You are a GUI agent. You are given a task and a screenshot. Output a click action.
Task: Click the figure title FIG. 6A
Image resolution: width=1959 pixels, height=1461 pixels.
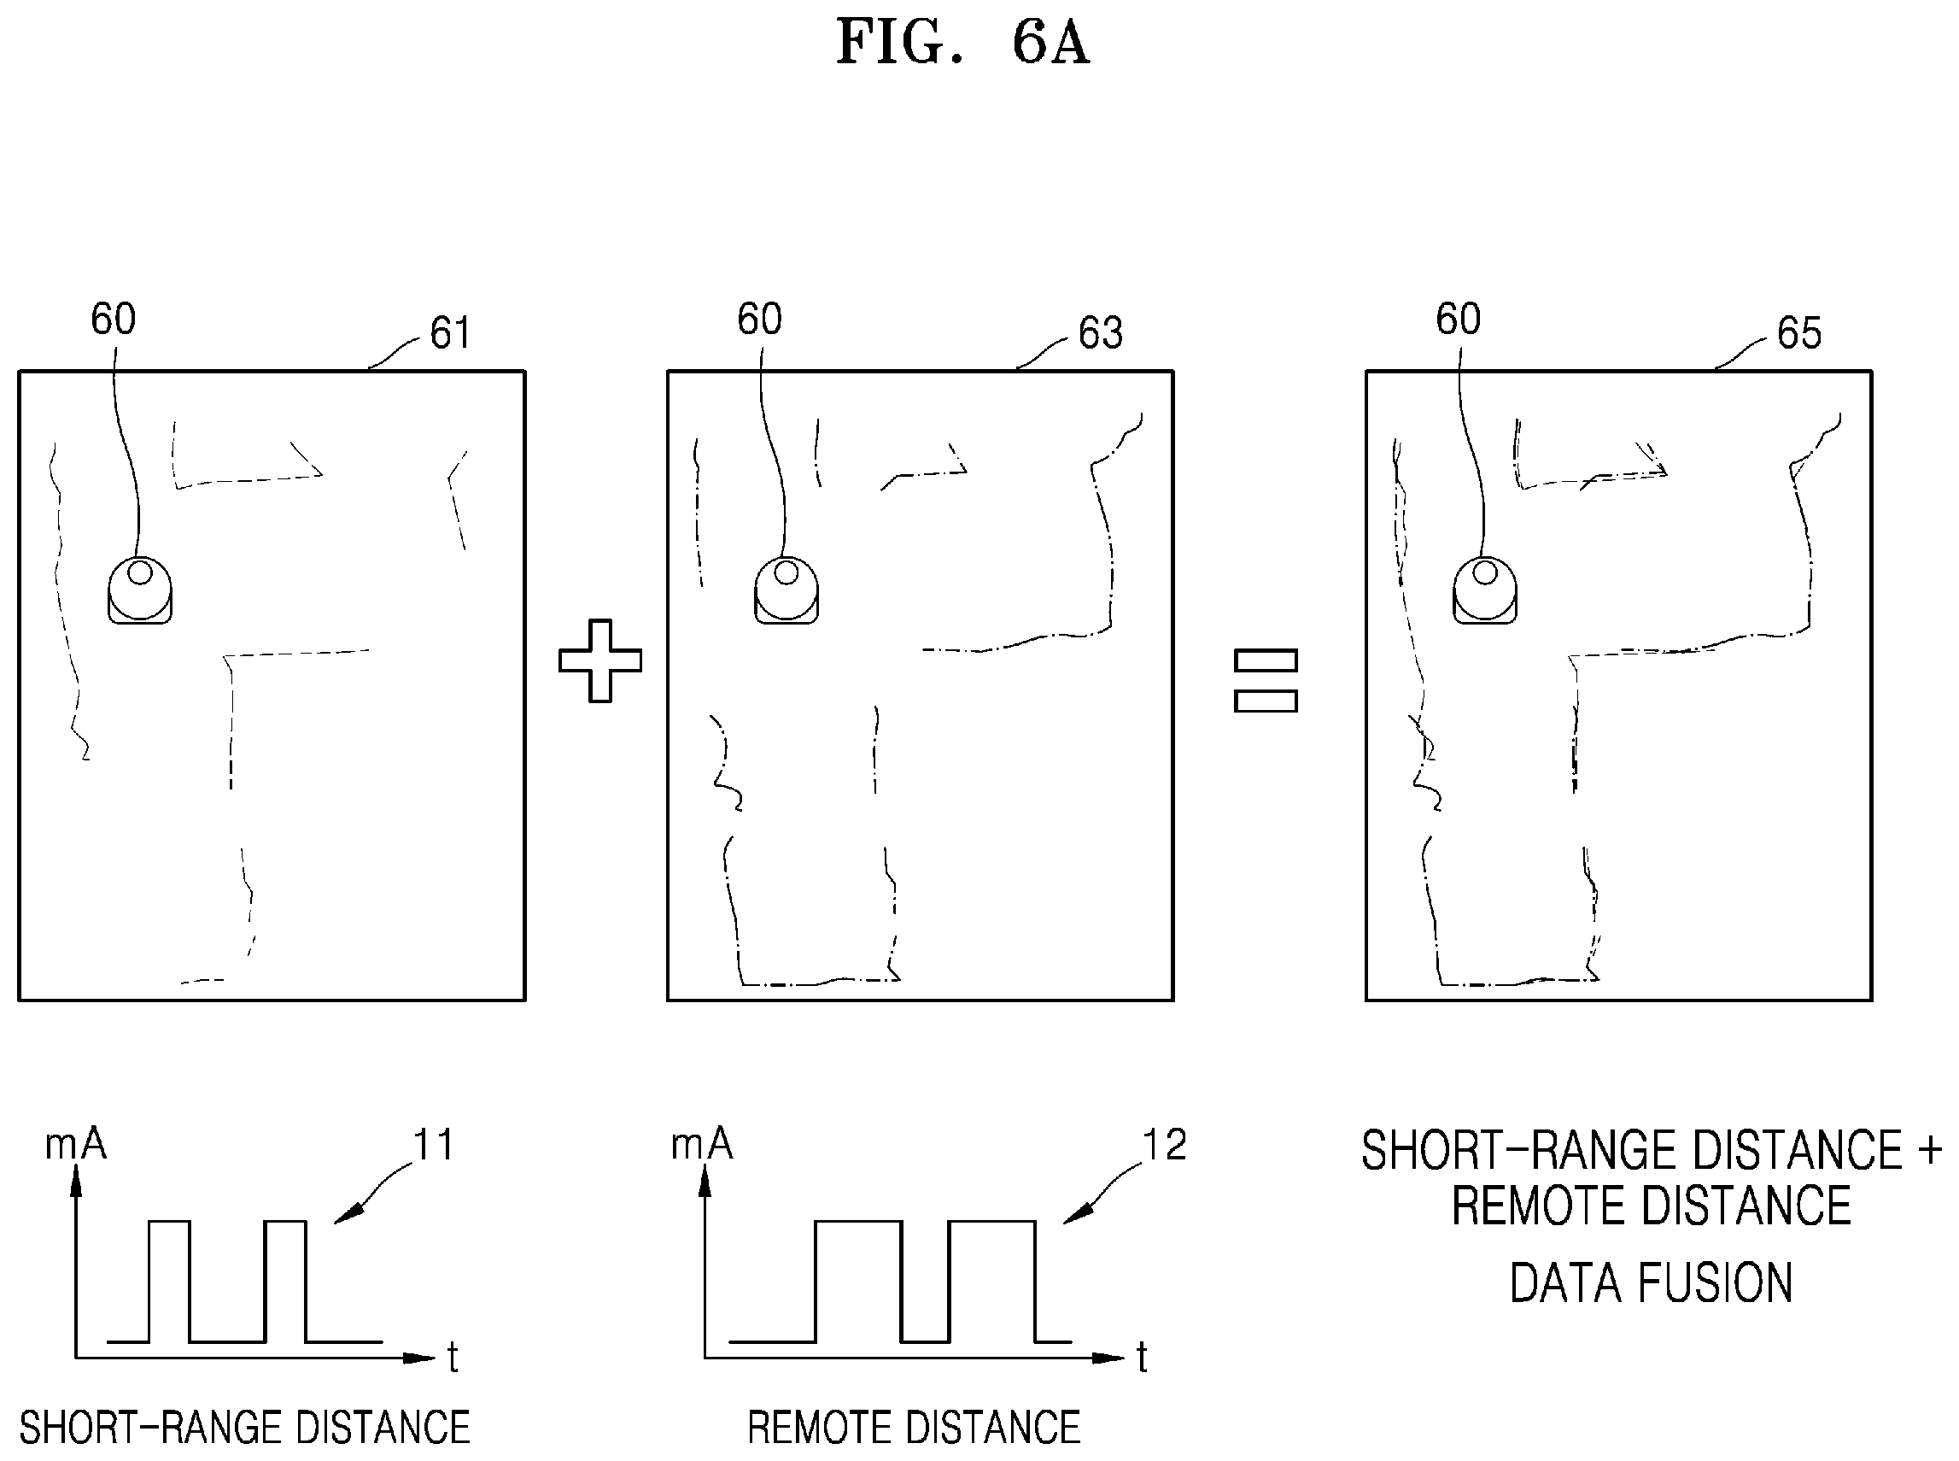pos(962,43)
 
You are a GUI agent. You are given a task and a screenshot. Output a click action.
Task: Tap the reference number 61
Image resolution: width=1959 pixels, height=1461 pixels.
pos(450,333)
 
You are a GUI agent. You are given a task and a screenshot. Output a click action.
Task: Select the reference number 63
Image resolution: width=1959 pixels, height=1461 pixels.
pos(1101,333)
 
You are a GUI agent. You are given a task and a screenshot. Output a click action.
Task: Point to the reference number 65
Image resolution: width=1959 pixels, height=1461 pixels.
pos(1799,333)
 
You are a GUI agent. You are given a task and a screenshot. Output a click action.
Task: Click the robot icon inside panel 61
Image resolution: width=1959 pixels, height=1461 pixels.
pos(140,590)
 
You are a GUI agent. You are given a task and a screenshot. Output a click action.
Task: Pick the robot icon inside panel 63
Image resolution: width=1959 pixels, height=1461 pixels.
pos(786,590)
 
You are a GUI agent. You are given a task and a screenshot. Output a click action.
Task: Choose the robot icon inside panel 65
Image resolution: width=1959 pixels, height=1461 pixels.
pos(1485,590)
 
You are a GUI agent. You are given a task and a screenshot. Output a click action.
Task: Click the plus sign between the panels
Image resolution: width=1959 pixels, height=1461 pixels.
pos(600,660)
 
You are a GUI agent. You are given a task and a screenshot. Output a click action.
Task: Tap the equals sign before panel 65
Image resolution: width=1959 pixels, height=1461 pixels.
pos(1265,681)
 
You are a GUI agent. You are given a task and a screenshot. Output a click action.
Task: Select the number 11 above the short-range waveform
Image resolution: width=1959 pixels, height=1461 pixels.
pos(433,1145)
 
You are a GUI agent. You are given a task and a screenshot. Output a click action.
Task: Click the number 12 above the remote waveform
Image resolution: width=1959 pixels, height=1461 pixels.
pos(1164,1145)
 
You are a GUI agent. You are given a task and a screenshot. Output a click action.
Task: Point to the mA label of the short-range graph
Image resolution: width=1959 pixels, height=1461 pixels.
pos(76,1144)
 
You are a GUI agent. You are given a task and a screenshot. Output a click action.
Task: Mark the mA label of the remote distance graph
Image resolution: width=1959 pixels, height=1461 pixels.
pos(702,1144)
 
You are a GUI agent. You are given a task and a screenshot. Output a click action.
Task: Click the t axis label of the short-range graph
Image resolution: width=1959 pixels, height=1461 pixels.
pos(453,1357)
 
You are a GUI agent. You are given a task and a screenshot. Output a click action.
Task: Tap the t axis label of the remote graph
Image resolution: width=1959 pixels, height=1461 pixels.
pos(1141,1357)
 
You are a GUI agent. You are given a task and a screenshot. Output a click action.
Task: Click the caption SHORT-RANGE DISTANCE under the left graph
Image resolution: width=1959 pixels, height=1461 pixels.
pos(245,1429)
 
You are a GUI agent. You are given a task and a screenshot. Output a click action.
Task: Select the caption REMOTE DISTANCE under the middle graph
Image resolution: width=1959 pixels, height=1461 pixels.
pos(914,1429)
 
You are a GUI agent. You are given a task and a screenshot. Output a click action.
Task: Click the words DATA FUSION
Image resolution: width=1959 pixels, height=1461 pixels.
pos(1651,1283)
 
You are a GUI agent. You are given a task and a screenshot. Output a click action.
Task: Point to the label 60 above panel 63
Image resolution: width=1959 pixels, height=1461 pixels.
pos(759,319)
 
